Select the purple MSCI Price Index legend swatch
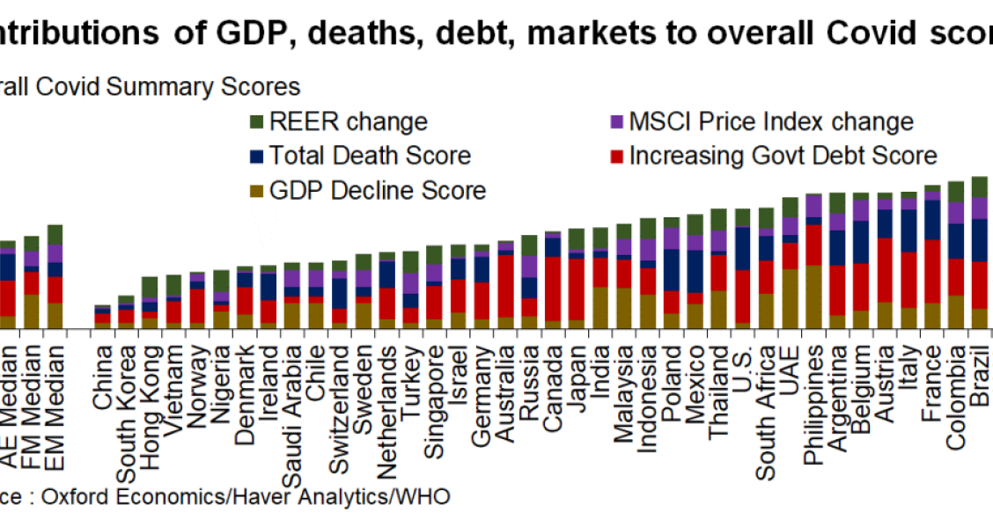617,121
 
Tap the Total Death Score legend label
370,156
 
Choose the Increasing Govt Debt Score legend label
783,156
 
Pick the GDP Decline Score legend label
378,190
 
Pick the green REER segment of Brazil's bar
979,187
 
